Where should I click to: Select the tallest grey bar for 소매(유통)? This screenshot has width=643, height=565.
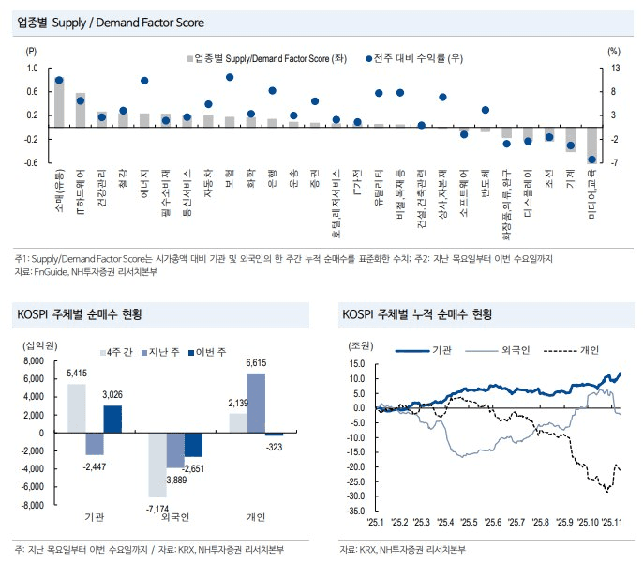tap(59, 103)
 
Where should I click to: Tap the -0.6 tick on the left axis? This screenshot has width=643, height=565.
tap(32, 162)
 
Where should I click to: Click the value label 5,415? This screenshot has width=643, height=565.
tap(77, 375)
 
